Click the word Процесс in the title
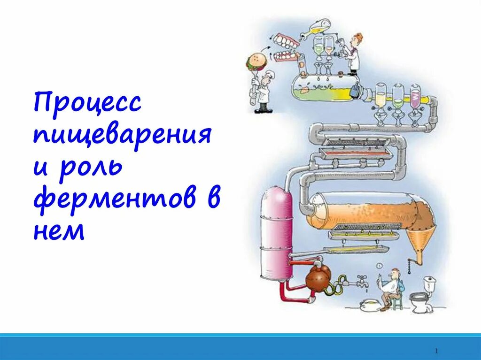click(x=87, y=103)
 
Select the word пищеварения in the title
click(x=122, y=134)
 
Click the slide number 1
click(x=437, y=351)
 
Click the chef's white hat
click(x=270, y=75)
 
